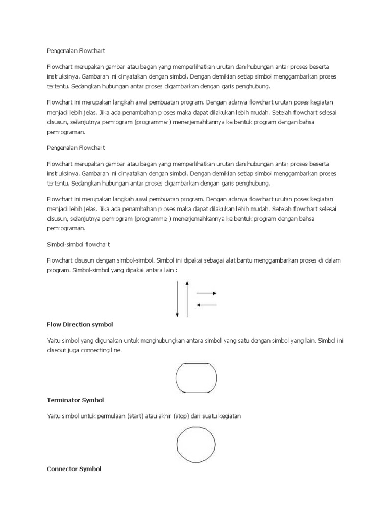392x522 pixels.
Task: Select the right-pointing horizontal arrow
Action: pyautogui.click(x=206, y=293)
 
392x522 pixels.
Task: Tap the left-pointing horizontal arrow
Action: pyautogui.click(x=206, y=305)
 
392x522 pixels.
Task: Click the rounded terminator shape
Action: pyautogui.click(x=196, y=378)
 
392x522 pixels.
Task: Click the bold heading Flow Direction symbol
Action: pyautogui.click(x=80, y=324)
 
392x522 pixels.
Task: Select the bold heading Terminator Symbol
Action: pyautogui.click(x=76, y=400)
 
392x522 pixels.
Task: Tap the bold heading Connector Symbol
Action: pyautogui.click(x=74, y=469)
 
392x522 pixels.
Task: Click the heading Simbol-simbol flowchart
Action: pyautogui.click(x=78, y=245)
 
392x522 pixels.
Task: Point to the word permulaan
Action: pyautogui.click(x=113, y=416)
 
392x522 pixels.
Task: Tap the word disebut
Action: pyautogui.click(x=57, y=350)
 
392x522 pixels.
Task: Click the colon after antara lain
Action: pyautogui.click(x=176, y=270)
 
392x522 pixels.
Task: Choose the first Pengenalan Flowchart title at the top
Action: pyautogui.click(x=76, y=51)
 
